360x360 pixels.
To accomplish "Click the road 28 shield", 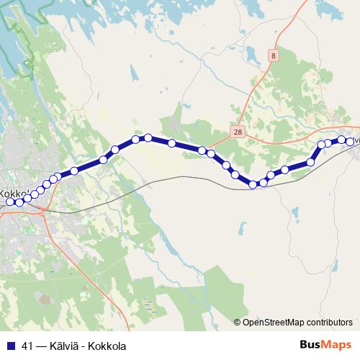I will coord(238,132).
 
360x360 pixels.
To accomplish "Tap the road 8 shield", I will coord(274,55).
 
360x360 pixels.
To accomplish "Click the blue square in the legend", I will coord(11,346).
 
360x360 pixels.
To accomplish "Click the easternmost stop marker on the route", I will coord(351,141).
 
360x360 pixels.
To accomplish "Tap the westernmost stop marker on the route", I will coord(10,202).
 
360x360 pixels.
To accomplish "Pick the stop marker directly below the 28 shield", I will coord(235,174).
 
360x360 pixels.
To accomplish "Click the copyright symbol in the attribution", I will coord(238,323).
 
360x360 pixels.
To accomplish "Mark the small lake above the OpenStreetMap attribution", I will coord(294,214).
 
